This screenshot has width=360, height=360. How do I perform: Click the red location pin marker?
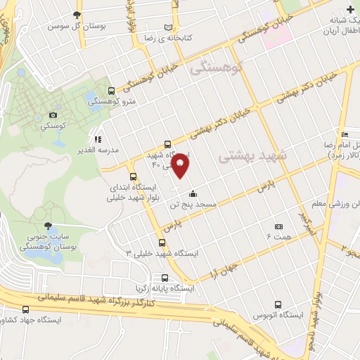(x=181, y=165)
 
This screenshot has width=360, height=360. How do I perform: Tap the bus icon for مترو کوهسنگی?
(x=112, y=91)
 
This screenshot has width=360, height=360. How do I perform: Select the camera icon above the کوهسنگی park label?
(x=53, y=115)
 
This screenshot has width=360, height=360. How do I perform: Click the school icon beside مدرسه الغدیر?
(x=98, y=139)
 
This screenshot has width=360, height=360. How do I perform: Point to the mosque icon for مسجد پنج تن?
(x=193, y=194)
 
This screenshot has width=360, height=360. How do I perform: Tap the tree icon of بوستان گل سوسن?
(x=77, y=15)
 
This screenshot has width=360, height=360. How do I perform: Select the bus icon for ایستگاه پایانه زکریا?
(x=165, y=278)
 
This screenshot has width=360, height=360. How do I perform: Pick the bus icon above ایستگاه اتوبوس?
(x=279, y=305)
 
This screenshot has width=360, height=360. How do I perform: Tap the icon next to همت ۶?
(x=279, y=227)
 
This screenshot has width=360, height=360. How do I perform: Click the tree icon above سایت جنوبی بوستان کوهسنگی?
(x=48, y=226)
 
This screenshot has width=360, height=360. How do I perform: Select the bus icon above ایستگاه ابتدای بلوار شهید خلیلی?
(x=133, y=177)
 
